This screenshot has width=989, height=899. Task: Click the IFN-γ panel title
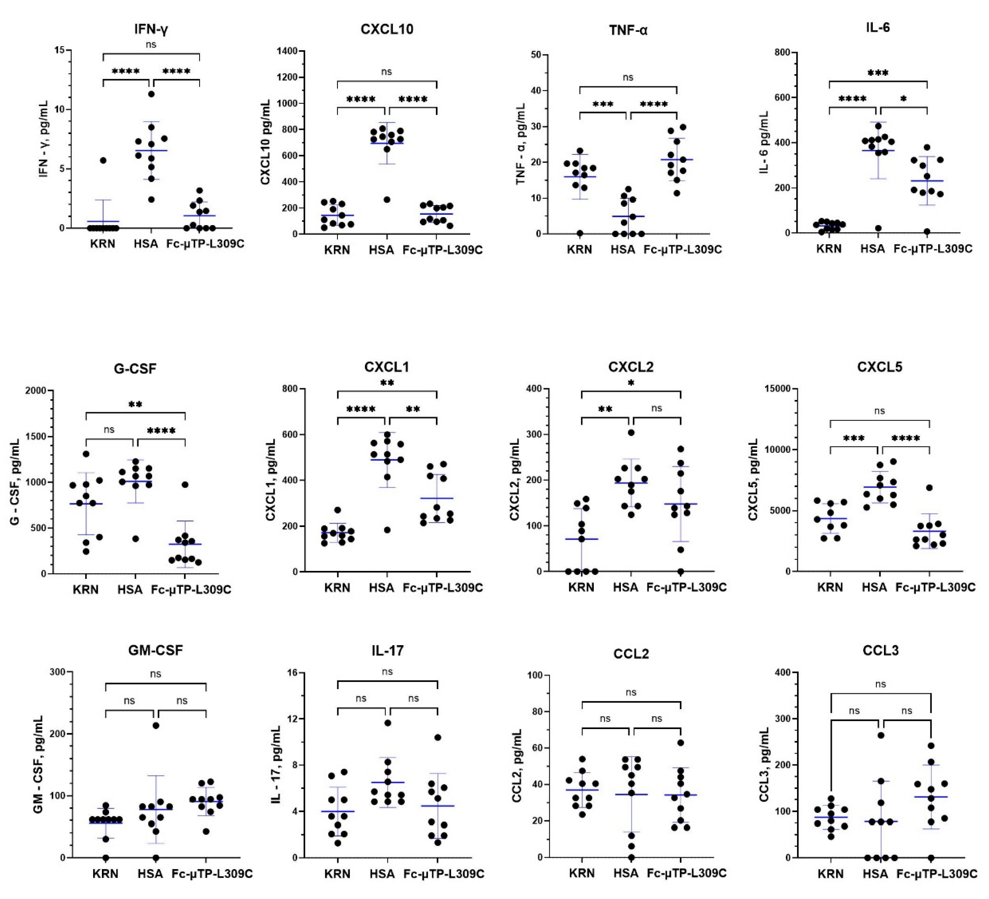[151, 29]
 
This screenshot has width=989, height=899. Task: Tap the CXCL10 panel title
[386, 29]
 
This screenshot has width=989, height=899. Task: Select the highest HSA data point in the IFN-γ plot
[151, 94]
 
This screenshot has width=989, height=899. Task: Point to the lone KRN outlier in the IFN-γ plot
[103, 161]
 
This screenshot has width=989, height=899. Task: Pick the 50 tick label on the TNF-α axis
[536, 55]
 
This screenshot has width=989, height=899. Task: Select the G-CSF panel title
[135, 369]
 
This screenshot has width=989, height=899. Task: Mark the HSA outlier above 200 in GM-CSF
[156, 725]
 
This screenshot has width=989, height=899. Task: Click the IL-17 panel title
[387, 651]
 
